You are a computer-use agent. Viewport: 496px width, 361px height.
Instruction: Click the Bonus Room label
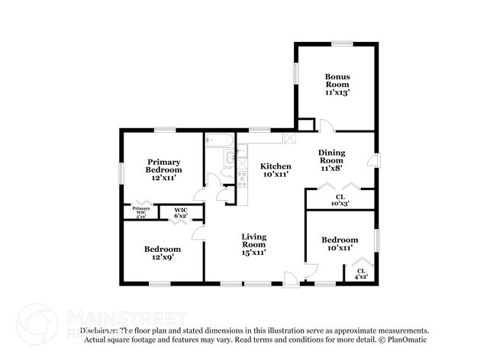tap(337, 82)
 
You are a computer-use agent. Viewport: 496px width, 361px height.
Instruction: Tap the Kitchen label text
tap(275, 170)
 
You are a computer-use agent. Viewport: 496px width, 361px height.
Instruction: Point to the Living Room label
tap(254, 244)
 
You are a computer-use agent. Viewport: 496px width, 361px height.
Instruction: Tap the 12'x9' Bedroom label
tap(163, 253)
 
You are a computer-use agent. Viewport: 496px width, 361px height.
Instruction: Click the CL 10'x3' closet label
tap(340, 201)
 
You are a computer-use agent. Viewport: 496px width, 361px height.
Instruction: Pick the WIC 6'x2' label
tap(181, 213)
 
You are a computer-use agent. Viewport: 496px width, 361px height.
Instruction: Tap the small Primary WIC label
tap(141, 212)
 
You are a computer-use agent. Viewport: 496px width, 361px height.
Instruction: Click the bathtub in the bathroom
tap(220, 141)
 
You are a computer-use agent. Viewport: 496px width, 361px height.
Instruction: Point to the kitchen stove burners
tap(242, 180)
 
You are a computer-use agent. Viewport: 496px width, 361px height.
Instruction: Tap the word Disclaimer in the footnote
tap(98, 330)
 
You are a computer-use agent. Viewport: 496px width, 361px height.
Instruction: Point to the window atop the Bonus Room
tap(341, 44)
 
